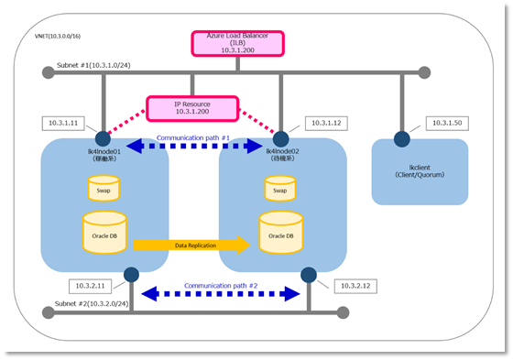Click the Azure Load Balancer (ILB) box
(x=237, y=43)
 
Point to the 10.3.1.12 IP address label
(x=326, y=122)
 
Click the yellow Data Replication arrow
(x=191, y=245)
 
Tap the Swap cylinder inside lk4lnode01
(x=104, y=188)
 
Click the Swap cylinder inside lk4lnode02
(x=280, y=188)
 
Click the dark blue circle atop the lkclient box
(x=401, y=139)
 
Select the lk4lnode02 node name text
(x=275, y=150)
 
